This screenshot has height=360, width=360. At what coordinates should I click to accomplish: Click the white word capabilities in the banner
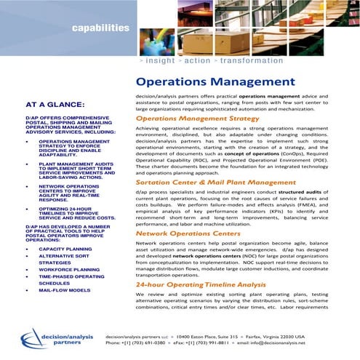point(100,28)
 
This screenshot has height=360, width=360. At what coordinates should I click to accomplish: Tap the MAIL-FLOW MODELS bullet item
point(65,290)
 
